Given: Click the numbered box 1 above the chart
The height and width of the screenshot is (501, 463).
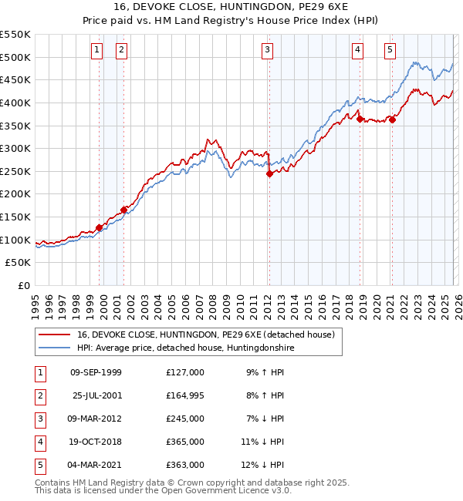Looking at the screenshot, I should [96, 51].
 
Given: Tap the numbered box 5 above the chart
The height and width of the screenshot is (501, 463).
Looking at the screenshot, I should [390, 51].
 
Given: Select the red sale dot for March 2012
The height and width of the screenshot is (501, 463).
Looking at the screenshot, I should [269, 174].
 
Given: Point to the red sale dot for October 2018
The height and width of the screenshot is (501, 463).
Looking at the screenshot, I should [360, 119].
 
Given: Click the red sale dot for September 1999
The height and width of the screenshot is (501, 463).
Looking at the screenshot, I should [99, 227].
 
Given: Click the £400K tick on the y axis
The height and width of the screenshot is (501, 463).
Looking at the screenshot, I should [15, 103].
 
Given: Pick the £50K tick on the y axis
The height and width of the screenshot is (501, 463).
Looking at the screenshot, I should [19, 263].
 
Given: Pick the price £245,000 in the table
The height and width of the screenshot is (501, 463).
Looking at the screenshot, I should [185, 419].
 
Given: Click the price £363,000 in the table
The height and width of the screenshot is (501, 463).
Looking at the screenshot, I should [185, 465].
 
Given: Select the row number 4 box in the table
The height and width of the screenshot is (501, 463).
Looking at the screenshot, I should [39, 442].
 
